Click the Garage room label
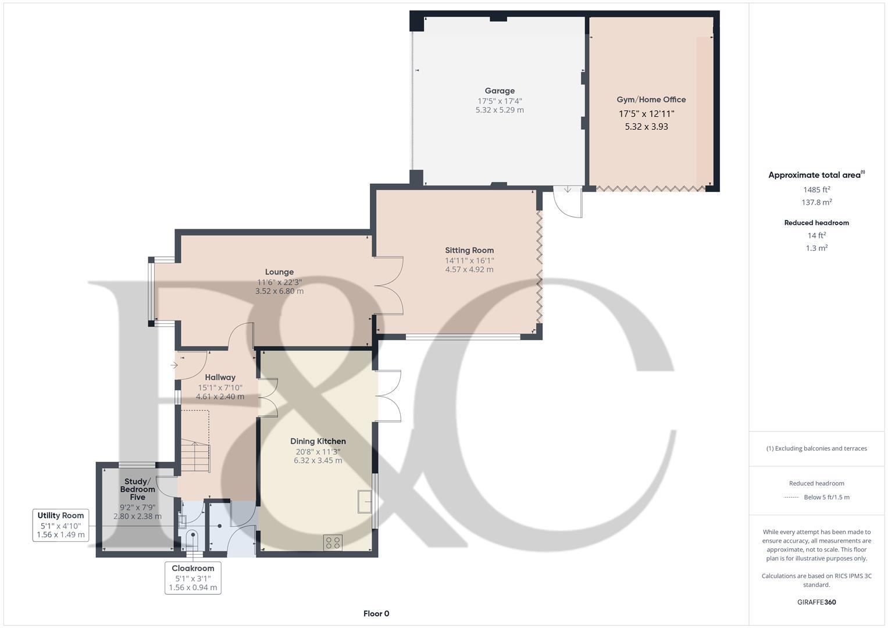(x=500, y=91)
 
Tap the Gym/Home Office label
(x=651, y=99)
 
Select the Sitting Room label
(x=469, y=251)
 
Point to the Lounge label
(x=279, y=272)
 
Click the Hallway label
(x=220, y=377)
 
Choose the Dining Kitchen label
(x=318, y=441)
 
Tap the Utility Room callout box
(x=60, y=524)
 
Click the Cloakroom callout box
(x=193, y=577)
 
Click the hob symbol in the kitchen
(x=333, y=543)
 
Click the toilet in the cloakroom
(x=191, y=538)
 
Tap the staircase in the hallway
(x=195, y=456)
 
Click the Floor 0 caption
(x=376, y=613)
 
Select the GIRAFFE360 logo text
(x=816, y=602)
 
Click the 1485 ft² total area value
(x=816, y=190)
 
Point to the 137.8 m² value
(x=816, y=202)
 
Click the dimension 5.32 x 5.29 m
(x=500, y=110)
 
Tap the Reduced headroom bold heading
(x=816, y=223)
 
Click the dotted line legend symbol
(x=791, y=497)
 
